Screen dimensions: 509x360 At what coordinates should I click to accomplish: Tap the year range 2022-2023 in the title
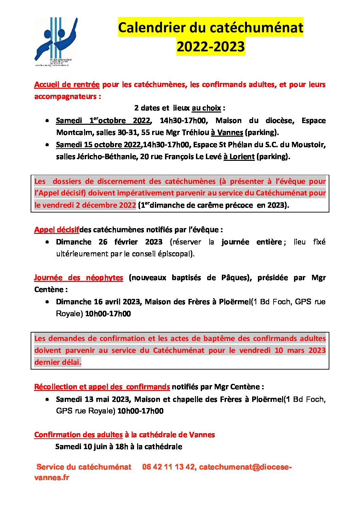211,47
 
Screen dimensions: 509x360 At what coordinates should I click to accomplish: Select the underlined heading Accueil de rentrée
67,85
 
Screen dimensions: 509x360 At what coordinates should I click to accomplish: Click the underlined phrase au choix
206,108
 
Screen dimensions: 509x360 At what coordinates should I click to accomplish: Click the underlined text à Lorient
239,156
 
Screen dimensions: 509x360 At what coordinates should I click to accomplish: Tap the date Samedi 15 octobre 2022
98,145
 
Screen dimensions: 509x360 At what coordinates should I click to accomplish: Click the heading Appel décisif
56,230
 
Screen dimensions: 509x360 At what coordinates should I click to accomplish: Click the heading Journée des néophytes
78,278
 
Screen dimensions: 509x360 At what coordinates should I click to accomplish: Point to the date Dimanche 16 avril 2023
98,302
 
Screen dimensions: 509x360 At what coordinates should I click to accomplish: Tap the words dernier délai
58,362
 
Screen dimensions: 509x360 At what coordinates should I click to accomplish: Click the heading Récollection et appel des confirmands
102,387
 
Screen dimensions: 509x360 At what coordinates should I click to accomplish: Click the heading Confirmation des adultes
78,435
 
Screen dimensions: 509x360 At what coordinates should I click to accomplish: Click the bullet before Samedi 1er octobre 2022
47,121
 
